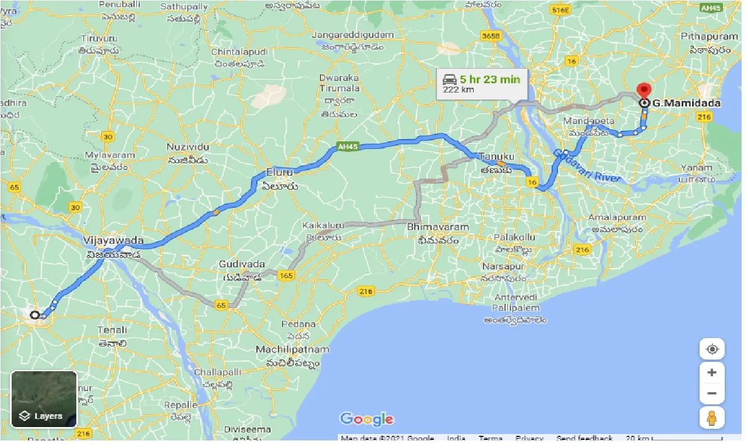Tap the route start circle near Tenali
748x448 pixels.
[x=34, y=315]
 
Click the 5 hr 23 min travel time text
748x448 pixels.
[x=489, y=79]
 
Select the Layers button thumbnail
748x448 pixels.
[x=44, y=399]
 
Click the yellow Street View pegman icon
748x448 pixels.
[x=712, y=417]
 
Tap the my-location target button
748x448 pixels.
[x=712, y=349]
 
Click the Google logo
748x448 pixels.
[x=366, y=418]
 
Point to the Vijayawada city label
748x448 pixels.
[x=113, y=240]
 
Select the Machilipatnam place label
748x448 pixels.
[x=292, y=350]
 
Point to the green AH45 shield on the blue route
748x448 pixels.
[x=347, y=147]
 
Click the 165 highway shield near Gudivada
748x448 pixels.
[x=285, y=275]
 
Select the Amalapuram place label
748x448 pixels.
[x=618, y=218]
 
